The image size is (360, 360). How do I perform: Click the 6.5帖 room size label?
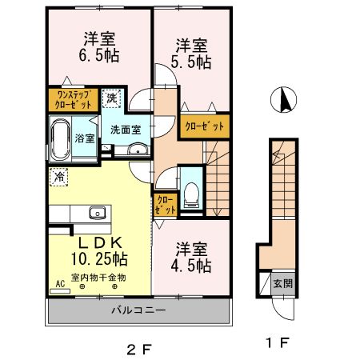pyautogui.click(x=98, y=55)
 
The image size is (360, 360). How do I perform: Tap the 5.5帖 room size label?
pyautogui.click(x=191, y=62)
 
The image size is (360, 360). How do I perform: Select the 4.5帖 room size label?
pyautogui.click(x=191, y=266)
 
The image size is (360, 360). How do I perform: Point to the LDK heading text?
pyautogui.click(x=100, y=242)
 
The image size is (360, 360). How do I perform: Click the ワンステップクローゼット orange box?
pyautogui.click(x=74, y=100)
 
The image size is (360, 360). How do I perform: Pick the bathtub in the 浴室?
pyautogui.click(x=61, y=139)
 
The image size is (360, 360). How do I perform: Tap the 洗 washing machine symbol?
pyautogui.click(x=112, y=98)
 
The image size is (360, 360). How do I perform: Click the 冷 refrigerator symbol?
pyautogui.click(x=58, y=177)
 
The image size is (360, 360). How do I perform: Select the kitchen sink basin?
pyautogui.click(x=98, y=213)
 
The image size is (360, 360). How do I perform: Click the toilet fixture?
pyautogui.click(x=192, y=195)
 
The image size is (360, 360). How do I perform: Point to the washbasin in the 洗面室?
pyautogui.click(x=138, y=149)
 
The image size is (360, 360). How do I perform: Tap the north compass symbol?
pyautogui.click(x=283, y=100)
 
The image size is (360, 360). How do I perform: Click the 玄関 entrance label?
pyautogui.click(x=283, y=283)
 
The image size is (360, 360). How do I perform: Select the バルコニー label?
pyautogui.click(x=138, y=310)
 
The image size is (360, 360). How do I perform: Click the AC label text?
pyautogui.click(x=60, y=284)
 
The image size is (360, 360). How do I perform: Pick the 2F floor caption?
pyautogui.click(x=139, y=350)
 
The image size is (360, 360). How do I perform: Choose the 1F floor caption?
pyautogui.click(x=278, y=342)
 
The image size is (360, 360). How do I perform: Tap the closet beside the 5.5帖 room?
pyautogui.click(x=205, y=126)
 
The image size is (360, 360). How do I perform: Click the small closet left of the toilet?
pyautogui.click(x=166, y=205)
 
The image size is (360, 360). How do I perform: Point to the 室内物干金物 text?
pyautogui.click(x=98, y=278)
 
